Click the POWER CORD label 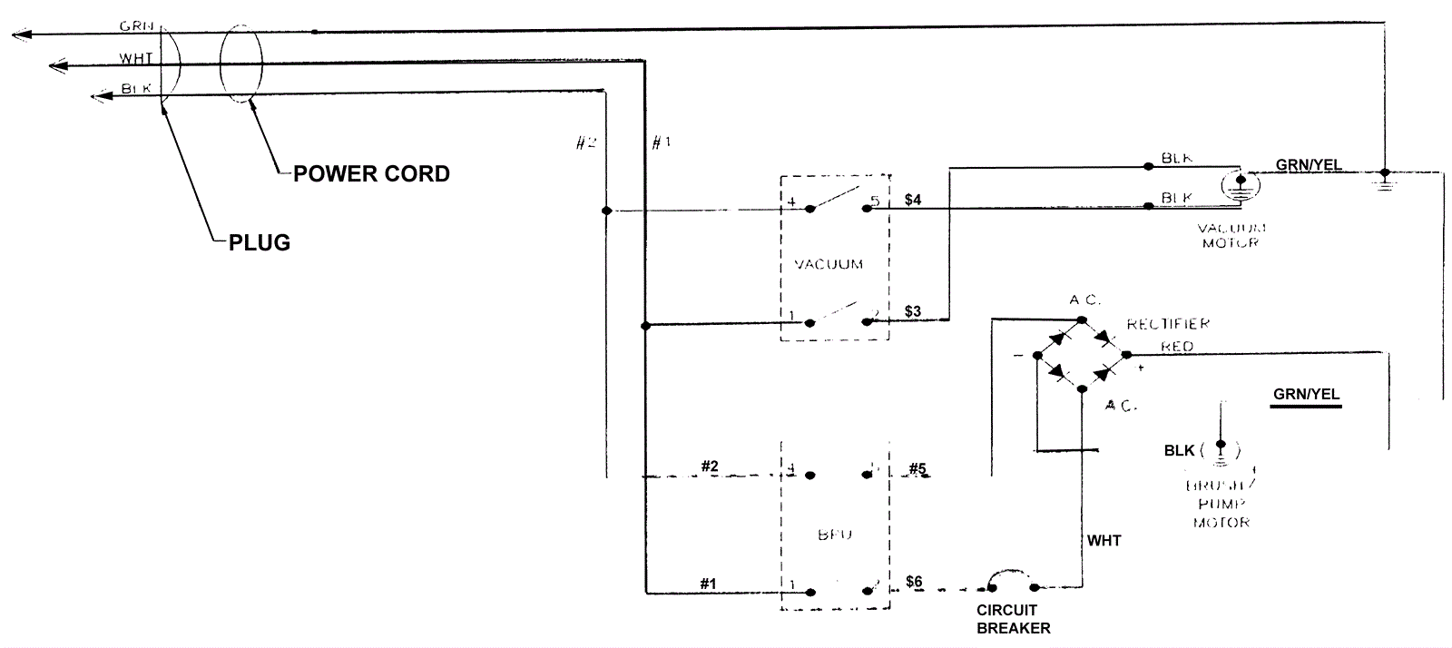pos(371,174)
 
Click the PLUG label pos(260,243)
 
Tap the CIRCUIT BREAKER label pos(1013,619)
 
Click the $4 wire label pos(913,200)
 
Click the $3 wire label pos(913,311)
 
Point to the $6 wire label pos(914,582)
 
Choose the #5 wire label pos(917,469)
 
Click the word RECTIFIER pos(1168,324)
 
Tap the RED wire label pos(1177,347)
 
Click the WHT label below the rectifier pos(1104,541)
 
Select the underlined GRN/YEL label pos(1306,395)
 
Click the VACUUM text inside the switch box pos(829,265)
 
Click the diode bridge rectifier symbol pos(1081,354)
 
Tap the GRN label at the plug pos(136,26)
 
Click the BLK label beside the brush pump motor pos(1180,451)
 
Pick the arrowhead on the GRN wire pos(20,34)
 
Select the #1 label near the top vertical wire pos(661,143)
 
